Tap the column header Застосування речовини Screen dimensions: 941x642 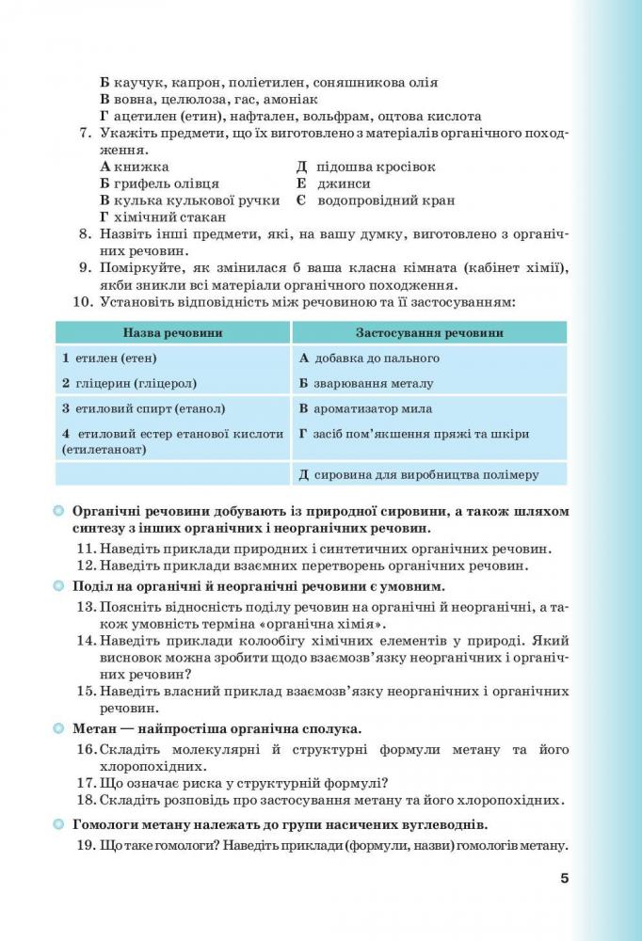(x=428, y=332)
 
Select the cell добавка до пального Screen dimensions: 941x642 (x=369, y=358)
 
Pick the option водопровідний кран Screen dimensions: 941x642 (x=386, y=200)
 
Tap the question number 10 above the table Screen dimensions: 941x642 (x=82, y=302)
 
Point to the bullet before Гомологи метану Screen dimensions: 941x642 (x=58, y=824)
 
